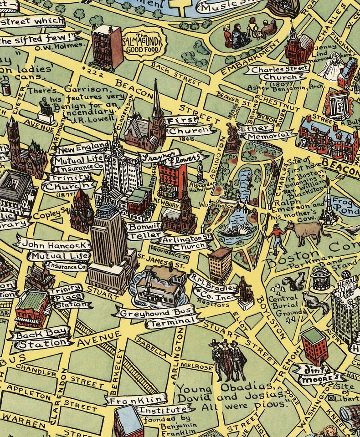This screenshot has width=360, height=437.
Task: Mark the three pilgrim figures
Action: (x=225, y=360)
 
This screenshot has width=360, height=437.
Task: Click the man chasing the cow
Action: (x=275, y=238)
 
